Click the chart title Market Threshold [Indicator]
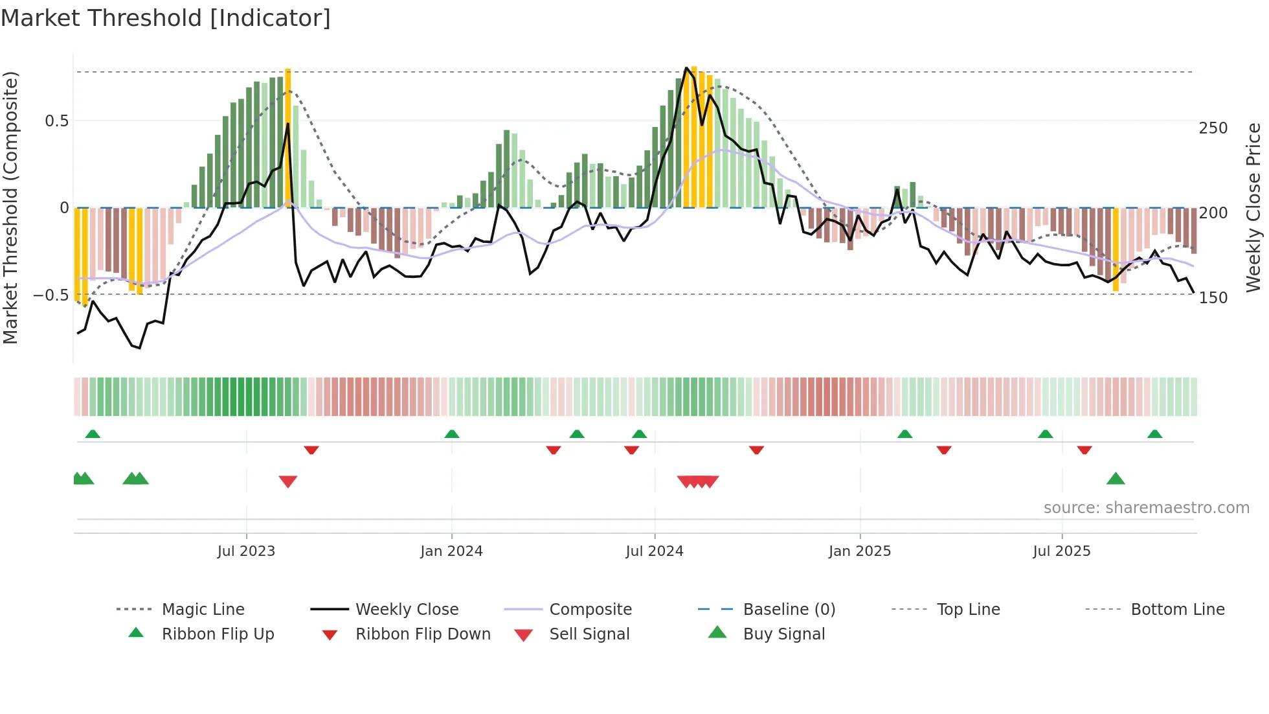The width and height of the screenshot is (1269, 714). click(x=166, y=18)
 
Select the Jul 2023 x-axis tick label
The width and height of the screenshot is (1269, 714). click(x=246, y=551)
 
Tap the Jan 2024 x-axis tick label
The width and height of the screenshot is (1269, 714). click(x=451, y=551)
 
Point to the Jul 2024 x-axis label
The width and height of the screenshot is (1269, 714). click(x=655, y=551)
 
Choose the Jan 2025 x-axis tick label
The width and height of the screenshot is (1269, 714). click(x=860, y=551)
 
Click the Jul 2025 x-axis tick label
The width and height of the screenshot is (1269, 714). click(x=1062, y=551)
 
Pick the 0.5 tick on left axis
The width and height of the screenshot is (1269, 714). click(x=57, y=121)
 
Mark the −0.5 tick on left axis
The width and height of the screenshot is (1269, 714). click(x=51, y=295)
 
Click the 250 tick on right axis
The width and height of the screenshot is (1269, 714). click(x=1213, y=128)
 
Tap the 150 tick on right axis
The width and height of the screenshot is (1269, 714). click(x=1213, y=298)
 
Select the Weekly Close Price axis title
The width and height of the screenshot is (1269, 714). click(x=1253, y=207)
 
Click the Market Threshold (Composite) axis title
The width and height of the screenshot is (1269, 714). click(x=11, y=207)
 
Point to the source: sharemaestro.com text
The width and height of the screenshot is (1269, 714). click(x=1146, y=508)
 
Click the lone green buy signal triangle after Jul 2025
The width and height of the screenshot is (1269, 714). click(x=1116, y=479)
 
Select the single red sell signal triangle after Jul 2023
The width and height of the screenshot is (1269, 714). click(x=288, y=481)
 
